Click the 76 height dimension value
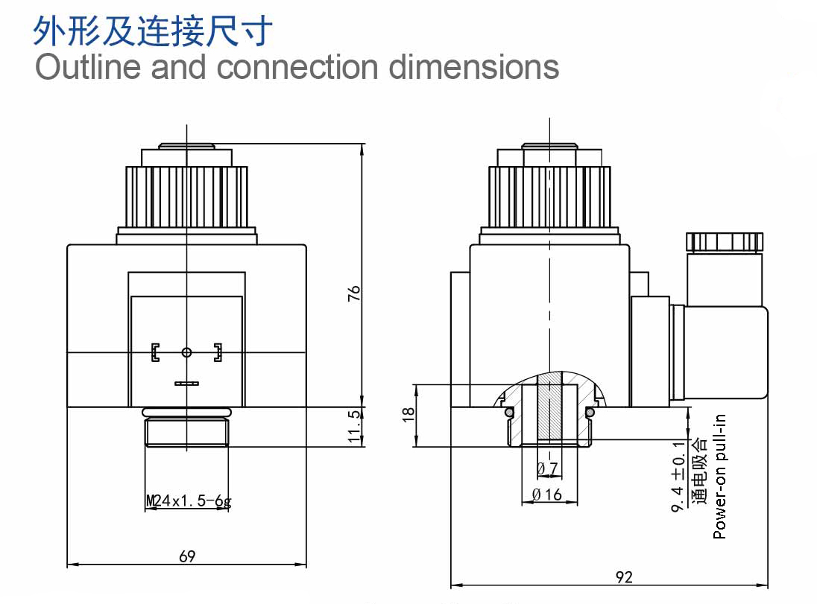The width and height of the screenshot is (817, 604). click(354, 293)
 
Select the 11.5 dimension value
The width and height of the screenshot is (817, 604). click(354, 427)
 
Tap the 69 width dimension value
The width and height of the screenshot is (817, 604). click(187, 556)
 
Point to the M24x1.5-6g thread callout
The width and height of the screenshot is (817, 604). click(189, 501)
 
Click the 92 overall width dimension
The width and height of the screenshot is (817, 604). click(624, 577)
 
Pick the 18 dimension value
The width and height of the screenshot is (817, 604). click(408, 415)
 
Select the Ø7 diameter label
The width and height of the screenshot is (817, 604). click(548, 468)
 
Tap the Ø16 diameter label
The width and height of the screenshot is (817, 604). click(547, 494)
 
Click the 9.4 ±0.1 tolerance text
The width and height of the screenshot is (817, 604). click(678, 477)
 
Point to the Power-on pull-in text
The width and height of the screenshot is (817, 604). click(719, 477)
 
